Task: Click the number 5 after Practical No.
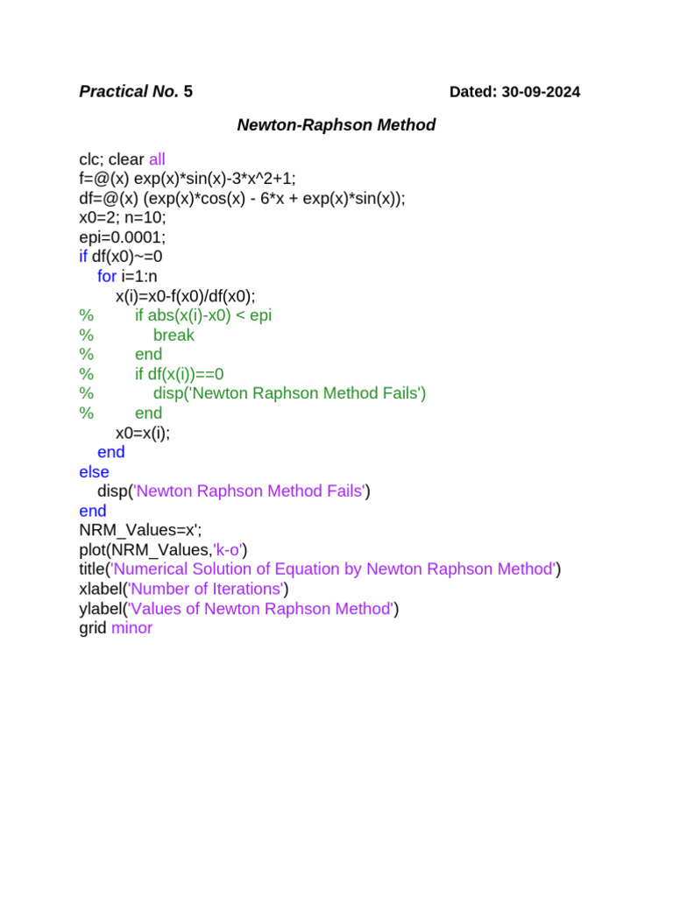(x=188, y=92)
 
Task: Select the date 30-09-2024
(x=541, y=92)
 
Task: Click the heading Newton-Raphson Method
(x=336, y=125)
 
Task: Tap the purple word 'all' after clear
(x=157, y=159)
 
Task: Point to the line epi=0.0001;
(x=122, y=237)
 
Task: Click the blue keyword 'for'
(x=107, y=277)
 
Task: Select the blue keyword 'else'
(x=94, y=472)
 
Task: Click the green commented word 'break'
(x=174, y=335)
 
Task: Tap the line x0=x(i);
(x=143, y=433)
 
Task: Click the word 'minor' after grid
(x=132, y=628)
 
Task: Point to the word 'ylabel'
(x=100, y=609)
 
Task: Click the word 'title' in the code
(x=92, y=569)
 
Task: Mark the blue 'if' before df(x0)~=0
(x=83, y=258)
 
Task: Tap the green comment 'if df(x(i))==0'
(x=186, y=374)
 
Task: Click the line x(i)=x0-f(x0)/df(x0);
(x=192, y=296)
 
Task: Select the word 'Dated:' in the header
(x=473, y=92)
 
